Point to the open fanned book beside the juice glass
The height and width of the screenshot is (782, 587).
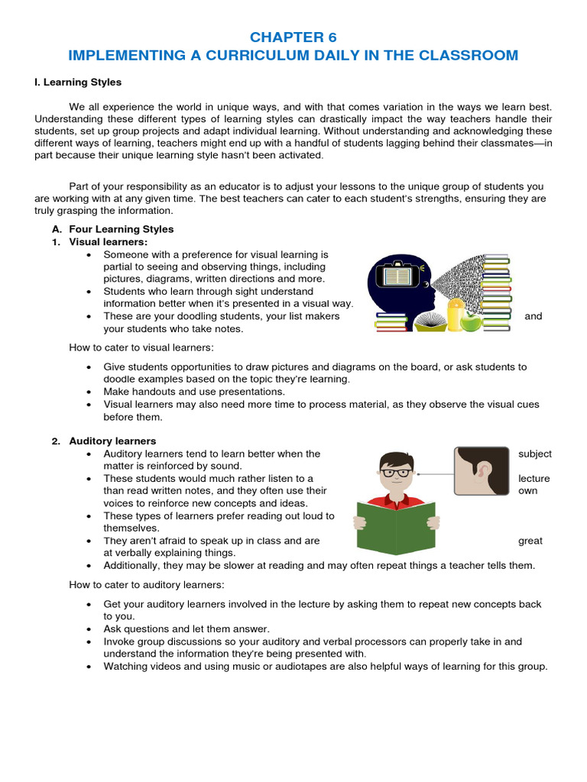[430, 319]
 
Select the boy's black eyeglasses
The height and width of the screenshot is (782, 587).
[395, 473]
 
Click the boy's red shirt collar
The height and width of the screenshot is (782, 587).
[395, 500]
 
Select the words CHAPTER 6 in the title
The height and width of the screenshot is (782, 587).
[293, 37]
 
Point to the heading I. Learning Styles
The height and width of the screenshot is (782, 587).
[78, 82]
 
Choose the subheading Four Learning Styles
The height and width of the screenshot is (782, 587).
[121, 229]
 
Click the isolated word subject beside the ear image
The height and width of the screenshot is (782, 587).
[534, 454]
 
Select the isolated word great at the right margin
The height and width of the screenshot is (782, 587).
[530, 541]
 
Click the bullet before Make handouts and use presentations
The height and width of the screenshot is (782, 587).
[89, 392]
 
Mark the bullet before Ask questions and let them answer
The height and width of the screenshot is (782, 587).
[89, 629]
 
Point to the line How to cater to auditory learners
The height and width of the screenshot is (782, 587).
[147, 585]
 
